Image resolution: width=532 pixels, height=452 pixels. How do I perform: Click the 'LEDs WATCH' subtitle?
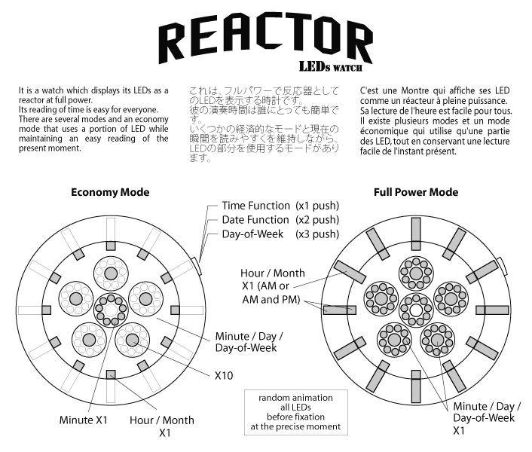332,67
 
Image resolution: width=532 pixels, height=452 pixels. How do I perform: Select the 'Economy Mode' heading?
110,192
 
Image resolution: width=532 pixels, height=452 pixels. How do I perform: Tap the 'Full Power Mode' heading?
416,192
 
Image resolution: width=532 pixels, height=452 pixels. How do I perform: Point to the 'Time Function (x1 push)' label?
280,206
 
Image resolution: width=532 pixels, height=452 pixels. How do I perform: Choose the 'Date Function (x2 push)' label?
280,220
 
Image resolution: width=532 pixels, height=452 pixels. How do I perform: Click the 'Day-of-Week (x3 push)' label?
280,234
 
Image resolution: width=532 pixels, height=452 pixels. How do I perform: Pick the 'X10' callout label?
224,374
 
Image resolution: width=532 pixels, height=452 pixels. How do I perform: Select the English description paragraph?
93,120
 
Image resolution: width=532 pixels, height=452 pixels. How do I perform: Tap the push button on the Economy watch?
195,266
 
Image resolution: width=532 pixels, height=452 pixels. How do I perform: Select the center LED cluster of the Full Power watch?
416,308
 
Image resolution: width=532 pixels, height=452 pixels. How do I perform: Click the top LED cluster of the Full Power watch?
416,272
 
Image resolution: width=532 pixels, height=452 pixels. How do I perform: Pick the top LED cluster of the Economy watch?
111,273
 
